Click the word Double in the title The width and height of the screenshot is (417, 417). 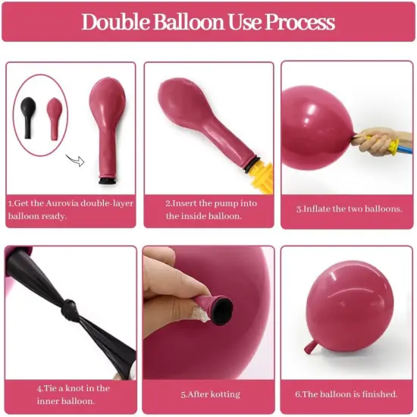[116, 21]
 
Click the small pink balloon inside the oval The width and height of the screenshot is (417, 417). [54, 115]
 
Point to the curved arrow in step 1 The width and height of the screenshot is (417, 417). [74, 160]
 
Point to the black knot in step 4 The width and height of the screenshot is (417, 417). [71, 310]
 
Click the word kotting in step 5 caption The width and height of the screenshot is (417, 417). [222, 394]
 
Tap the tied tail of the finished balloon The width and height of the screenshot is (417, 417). [310, 346]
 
